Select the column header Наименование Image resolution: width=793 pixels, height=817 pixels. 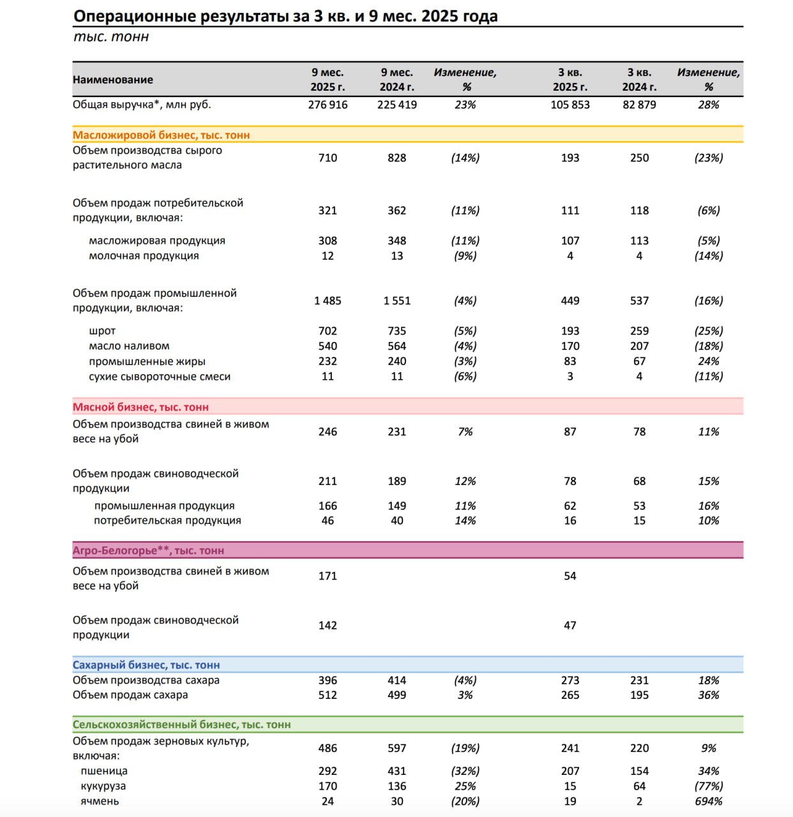click(x=113, y=80)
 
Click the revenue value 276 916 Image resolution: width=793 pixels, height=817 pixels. click(x=328, y=105)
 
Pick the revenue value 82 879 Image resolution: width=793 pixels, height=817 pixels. click(x=639, y=105)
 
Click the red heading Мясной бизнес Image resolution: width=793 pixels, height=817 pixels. click(x=140, y=407)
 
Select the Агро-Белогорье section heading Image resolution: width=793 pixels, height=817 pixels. click(x=148, y=551)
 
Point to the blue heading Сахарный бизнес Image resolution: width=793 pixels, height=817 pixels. click(x=146, y=665)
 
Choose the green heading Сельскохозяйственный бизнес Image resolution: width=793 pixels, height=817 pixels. click(x=181, y=725)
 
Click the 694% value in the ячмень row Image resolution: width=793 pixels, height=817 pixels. click(x=708, y=802)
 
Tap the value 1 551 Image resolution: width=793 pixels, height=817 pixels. click(x=396, y=301)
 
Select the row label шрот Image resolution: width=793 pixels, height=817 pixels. click(x=102, y=331)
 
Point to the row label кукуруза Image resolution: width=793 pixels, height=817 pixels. click(x=103, y=786)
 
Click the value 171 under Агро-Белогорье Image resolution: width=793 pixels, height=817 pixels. click(x=328, y=576)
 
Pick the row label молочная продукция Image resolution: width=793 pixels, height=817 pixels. click(x=144, y=256)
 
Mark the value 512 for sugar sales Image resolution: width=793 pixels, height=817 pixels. click(x=328, y=695)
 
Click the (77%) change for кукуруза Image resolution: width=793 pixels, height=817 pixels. click(x=708, y=786)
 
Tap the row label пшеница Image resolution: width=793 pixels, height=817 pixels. click(x=104, y=771)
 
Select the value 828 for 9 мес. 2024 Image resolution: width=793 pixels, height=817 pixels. click(x=396, y=158)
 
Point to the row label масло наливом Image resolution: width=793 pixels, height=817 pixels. click(x=129, y=346)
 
